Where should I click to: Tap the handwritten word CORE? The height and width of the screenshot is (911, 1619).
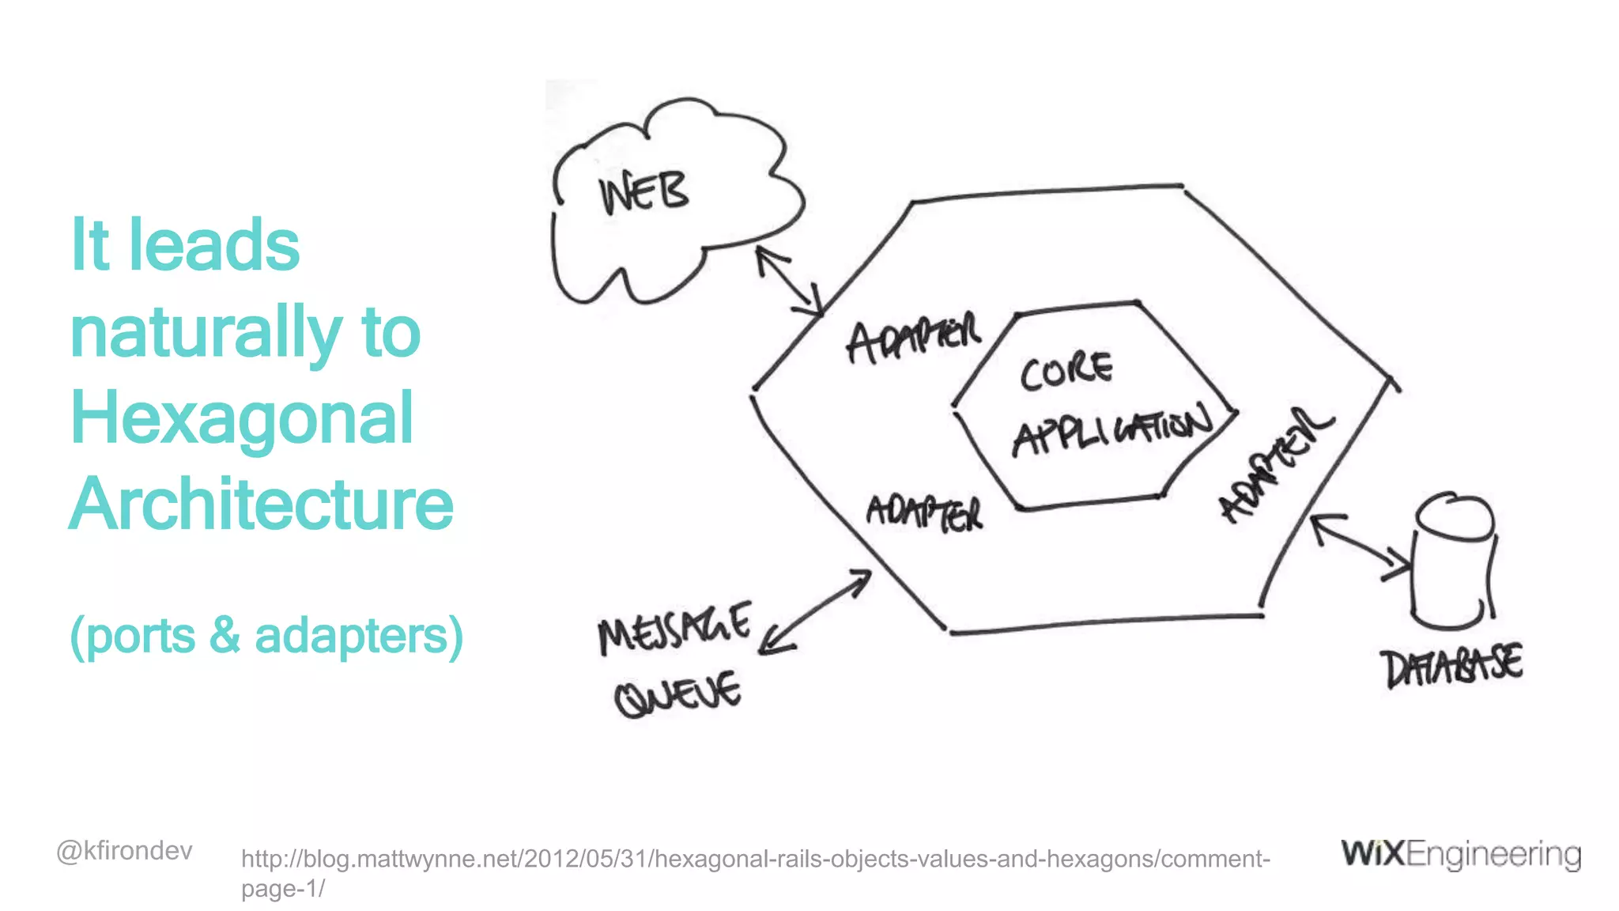tap(1066, 371)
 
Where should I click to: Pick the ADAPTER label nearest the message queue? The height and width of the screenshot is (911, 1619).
tap(925, 513)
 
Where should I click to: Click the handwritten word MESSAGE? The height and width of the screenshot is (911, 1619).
tap(674, 629)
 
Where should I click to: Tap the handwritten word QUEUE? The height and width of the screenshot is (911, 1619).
tap(678, 694)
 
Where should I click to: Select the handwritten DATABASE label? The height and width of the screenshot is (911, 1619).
tap(1451, 667)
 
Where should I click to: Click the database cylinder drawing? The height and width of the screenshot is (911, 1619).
tap(1453, 561)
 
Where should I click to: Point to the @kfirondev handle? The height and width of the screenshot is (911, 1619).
tap(124, 851)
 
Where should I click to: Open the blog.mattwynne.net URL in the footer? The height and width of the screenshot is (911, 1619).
tap(755, 860)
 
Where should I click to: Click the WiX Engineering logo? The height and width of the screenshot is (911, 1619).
tap(1461, 854)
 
